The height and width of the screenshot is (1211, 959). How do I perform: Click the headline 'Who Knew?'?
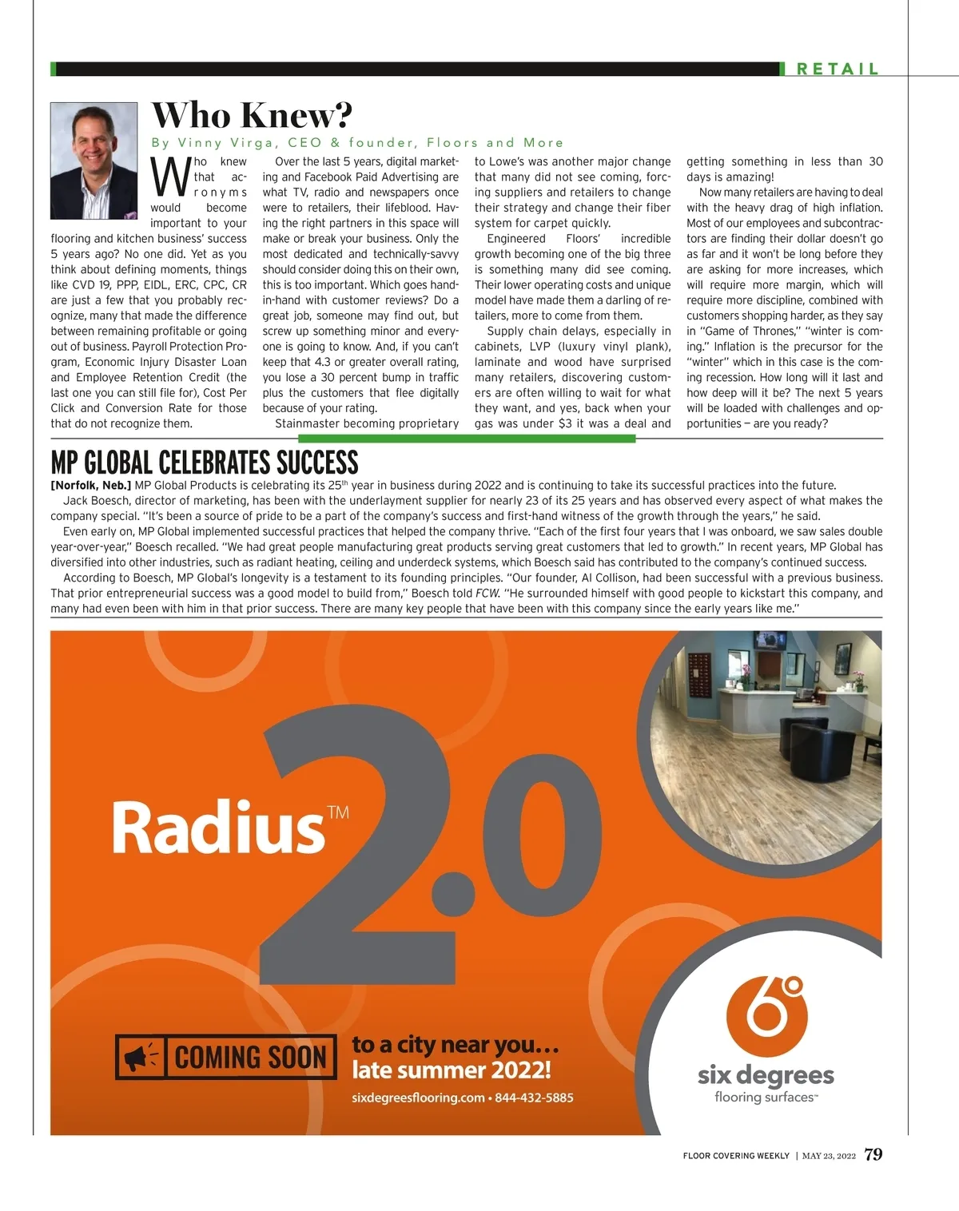[x=252, y=116]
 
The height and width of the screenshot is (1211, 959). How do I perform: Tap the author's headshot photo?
[x=94, y=161]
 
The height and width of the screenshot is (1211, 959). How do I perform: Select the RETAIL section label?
[x=838, y=69]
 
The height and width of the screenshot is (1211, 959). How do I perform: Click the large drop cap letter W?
[x=170, y=177]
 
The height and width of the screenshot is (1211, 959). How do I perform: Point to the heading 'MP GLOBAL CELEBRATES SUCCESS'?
[x=205, y=463]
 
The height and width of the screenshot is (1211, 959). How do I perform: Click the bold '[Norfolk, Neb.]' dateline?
[x=90, y=485]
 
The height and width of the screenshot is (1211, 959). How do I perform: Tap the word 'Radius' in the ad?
[x=217, y=828]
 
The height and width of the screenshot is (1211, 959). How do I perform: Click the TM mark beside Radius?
[x=338, y=812]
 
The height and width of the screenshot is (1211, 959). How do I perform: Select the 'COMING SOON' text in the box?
[x=250, y=1058]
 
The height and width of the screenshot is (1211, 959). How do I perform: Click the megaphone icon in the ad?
[x=140, y=1058]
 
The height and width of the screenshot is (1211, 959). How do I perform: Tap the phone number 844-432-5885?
[x=534, y=1098]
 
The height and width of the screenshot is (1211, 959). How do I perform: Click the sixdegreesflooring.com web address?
[x=418, y=1098]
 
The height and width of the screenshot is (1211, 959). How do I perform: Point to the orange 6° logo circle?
[x=766, y=1014]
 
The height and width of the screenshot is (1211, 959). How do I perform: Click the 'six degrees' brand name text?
[x=766, y=1075]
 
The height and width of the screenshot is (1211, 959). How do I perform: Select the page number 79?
[x=873, y=1154]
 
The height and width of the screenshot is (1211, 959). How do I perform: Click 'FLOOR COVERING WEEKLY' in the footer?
[x=736, y=1156]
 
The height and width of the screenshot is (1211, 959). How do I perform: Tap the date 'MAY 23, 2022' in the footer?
[x=829, y=1156]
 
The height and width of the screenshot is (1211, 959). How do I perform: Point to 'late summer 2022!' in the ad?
[x=452, y=1070]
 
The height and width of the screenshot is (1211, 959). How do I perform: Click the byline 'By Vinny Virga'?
[x=216, y=143]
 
